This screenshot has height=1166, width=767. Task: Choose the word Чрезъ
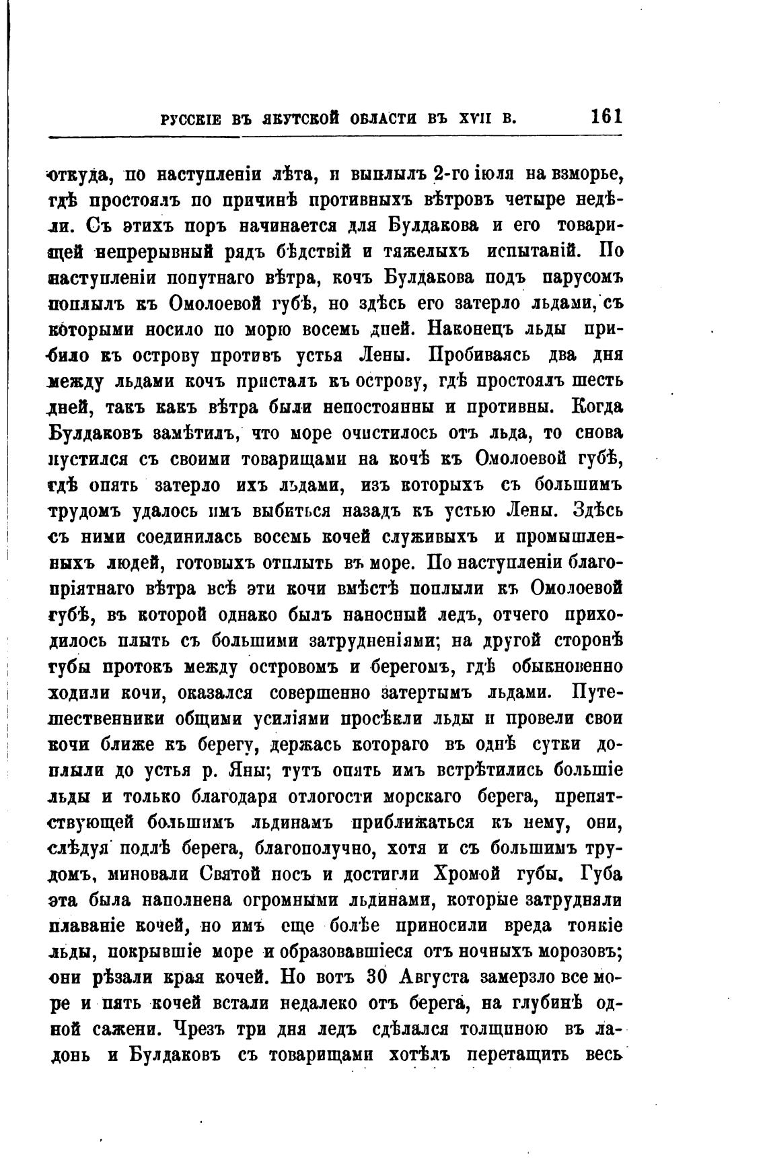coord(205,1029)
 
